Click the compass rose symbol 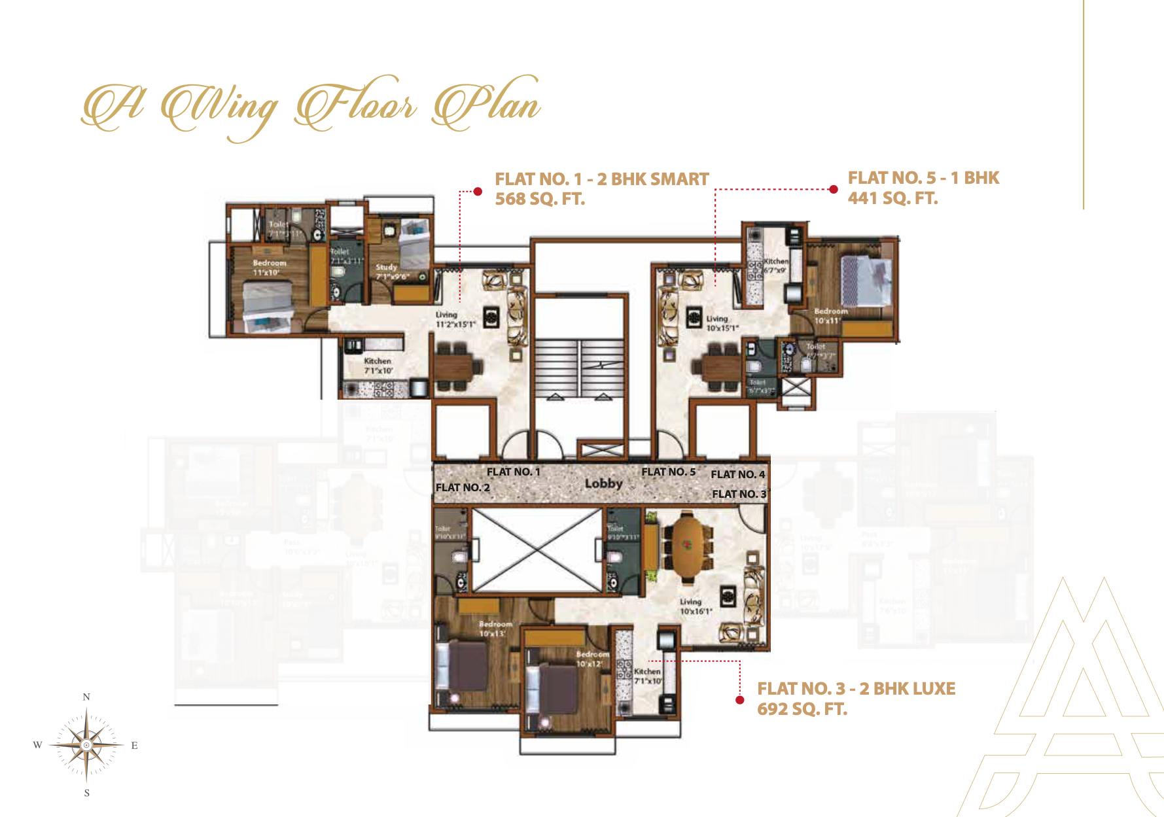[x=86, y=745]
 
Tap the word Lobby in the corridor [x=603, y=483]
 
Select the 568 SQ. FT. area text [x=540, y=199]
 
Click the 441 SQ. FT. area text [x=892, y=198]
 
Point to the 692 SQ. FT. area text [x=802, y=709]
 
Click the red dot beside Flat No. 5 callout [x=833, y=190]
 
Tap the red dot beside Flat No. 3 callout [x=740, y=700]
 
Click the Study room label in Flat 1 [x=386, y=268]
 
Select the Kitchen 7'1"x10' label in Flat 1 [x=378, y=366]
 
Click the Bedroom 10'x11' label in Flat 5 [x=830, y=316]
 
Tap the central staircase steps [x=579, y=368]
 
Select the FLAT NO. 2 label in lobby [x=463, y=488]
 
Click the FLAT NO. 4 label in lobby [x=737, y=474]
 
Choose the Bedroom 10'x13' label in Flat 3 [x=495, y=629]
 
